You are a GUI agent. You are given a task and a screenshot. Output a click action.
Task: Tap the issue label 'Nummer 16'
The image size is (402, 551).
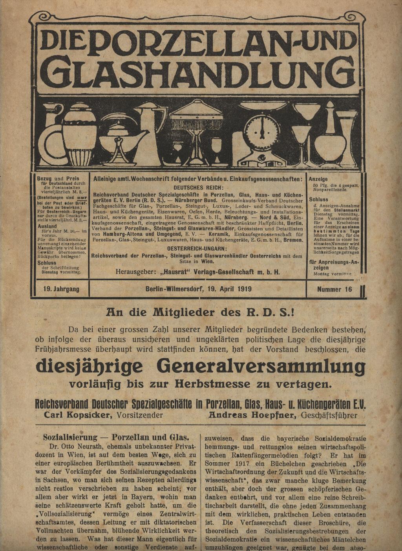pyautogui.click(x=334, y=289)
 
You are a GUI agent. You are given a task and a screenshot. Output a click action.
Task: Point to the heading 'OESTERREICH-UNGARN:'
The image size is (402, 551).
pyautogui.click(x=197, y=249)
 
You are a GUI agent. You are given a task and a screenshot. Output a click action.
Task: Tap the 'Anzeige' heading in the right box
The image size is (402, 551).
pyautogui.click(x=318, y=179)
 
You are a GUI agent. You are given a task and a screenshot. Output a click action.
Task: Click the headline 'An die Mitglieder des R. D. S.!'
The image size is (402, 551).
pyautogui.click(x=201, y=312)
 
